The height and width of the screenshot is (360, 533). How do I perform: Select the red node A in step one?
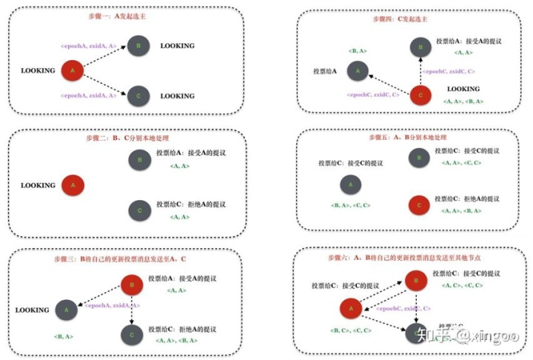tap(72, 71)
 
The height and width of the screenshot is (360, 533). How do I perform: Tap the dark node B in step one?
tap(136, 46)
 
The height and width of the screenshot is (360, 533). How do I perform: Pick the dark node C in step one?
tap(136, 96)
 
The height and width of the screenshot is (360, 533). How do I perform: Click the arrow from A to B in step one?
tap(104, 59)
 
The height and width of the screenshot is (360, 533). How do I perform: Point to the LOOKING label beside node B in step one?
tap(178, 46)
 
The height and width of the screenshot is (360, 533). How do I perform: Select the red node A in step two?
tap(72, 184)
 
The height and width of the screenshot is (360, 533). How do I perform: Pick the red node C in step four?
tap(420, 94)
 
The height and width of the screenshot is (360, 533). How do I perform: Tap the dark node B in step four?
tap(419, 47)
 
